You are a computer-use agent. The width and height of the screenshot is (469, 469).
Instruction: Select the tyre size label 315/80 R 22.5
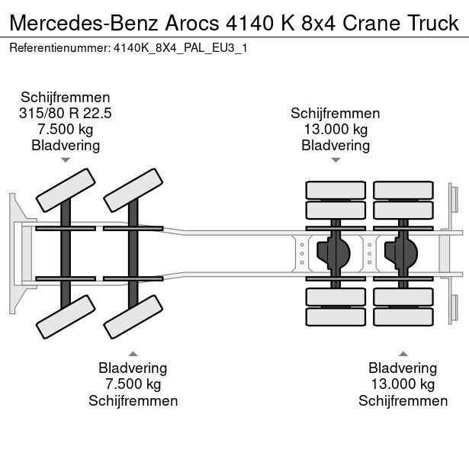(x=66, y=113)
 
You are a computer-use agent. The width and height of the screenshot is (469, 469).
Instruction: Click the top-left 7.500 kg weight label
(x=66, y=129)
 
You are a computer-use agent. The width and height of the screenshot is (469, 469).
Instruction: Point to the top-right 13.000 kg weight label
(x=336, y=129)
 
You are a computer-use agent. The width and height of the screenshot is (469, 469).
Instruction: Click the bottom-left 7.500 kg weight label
(x=133, y=384)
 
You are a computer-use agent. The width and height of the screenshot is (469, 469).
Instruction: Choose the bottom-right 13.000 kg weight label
(x=403, y=384)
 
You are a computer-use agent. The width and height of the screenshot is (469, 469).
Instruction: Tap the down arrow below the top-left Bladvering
(x=66, y=160)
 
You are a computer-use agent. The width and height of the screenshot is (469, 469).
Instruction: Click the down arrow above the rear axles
(x=336, y=160)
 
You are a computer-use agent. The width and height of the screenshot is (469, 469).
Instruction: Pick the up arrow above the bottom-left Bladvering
(x=133, y=353)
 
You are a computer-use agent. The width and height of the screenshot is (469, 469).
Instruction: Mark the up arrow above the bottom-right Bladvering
(x=403, y=353)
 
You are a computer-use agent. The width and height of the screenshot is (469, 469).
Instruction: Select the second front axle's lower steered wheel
(x=133, y=316)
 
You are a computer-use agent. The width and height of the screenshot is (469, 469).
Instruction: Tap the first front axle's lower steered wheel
(x=65, y=316)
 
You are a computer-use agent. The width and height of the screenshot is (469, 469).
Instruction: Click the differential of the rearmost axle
(x=403, y=252)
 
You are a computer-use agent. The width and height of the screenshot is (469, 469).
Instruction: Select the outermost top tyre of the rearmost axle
(x=403, y=190)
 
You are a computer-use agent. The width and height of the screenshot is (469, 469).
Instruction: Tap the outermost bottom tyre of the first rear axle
(x=336, y=315)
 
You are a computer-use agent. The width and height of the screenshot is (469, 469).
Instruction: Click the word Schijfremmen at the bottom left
(x=133, y=400)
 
